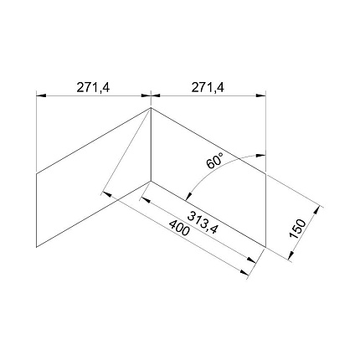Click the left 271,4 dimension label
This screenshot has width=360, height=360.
point(94,88)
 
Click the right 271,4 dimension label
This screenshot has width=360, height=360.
point(208,88)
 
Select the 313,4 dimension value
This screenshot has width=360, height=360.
point(203,222)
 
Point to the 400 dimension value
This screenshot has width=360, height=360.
point(179,228)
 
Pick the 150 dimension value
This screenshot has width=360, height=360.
point(298,229)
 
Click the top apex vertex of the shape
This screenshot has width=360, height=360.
point(151,108)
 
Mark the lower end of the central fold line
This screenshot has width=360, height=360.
point(151,181)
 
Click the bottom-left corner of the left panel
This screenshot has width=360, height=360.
point(37,247)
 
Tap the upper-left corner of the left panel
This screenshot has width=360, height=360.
point(37,173)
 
